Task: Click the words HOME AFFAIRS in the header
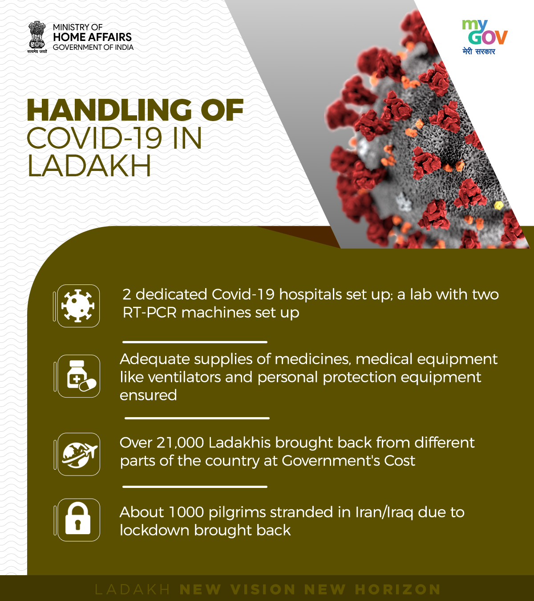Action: (x=92, y=37)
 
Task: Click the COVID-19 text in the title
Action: (x=95, y=138)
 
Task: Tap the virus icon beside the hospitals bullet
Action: (x=78, y=306)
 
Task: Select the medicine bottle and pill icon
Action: (x=79, y=376)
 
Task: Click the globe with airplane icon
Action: (x=79, y=454)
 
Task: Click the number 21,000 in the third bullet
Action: (x=180, y=443)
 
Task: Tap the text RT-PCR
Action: (x=150, y=313)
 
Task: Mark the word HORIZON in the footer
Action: (x=398, y=589)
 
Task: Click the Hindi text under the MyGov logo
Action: (x=479, y=51)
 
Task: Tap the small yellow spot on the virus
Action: (x=499, y=205)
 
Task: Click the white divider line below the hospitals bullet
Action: (x=195, y=342)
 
